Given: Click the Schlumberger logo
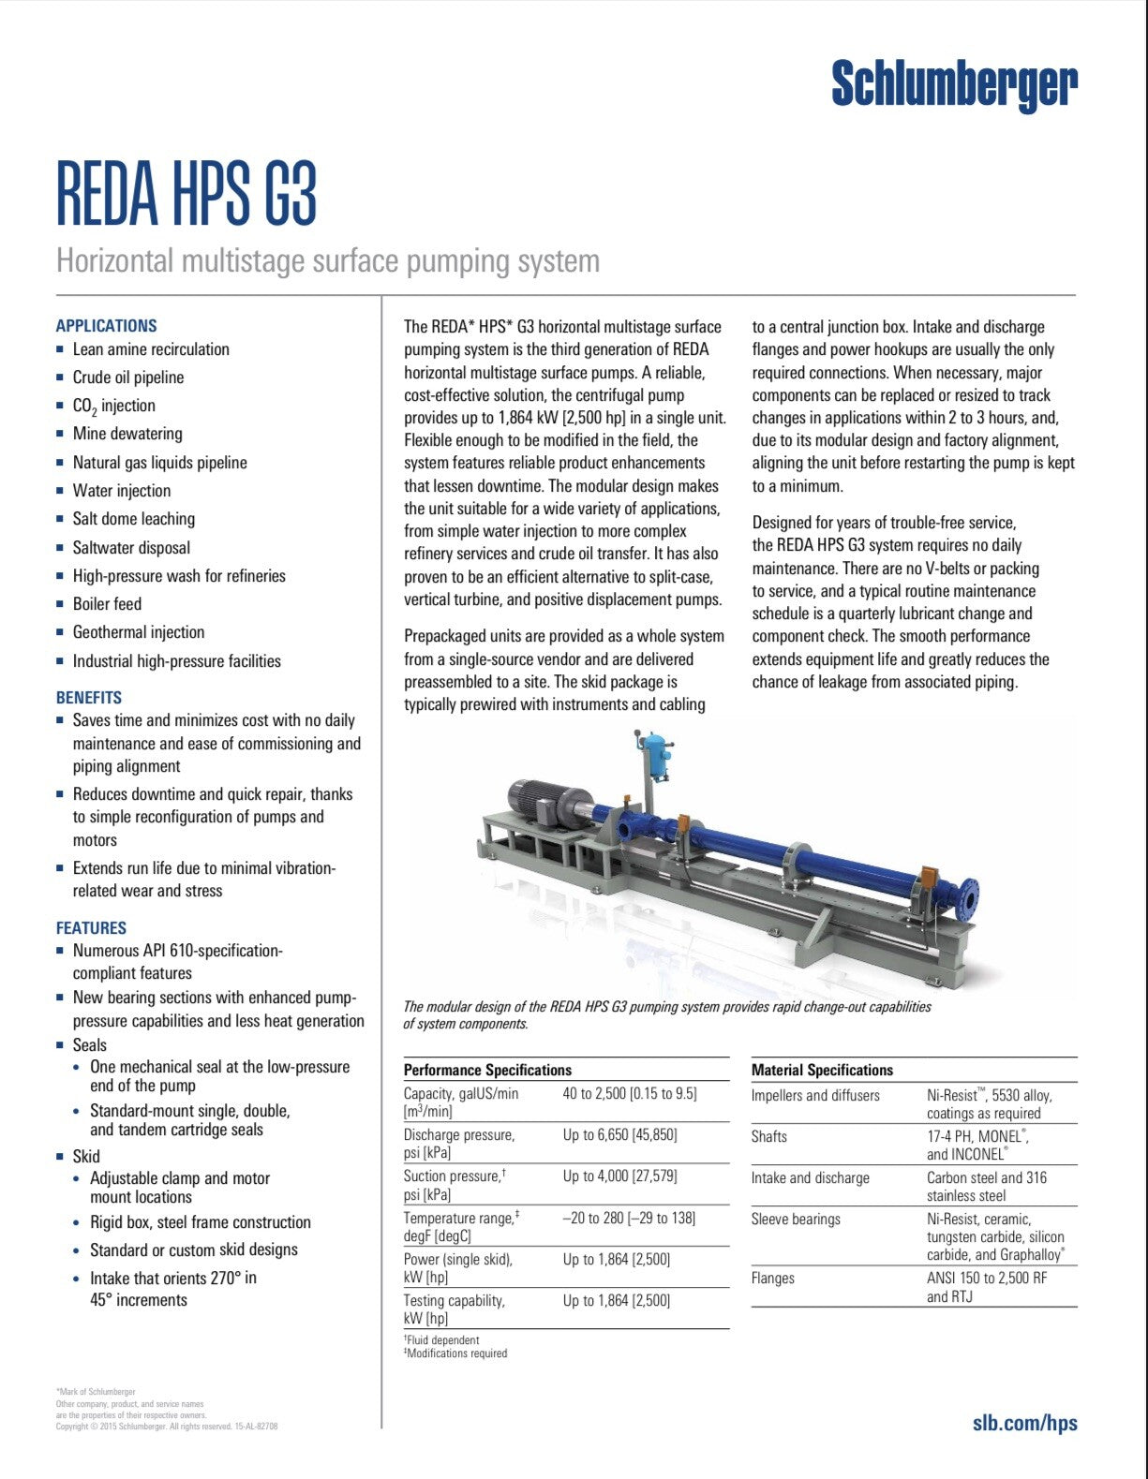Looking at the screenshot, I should (x=954, y=86).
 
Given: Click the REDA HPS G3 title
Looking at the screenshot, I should (x=186, y=195).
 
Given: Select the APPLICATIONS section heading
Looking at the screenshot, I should (x=106, y=326).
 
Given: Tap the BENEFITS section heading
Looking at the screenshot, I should (x=89, y=698).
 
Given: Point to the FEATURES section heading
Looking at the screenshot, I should (x=91, y=928).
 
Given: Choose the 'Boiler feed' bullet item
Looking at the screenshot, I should (x=107, y=604).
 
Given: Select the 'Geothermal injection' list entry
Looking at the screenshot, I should (x=139, y=632).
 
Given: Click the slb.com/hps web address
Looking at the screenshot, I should (x=1024, y=1423).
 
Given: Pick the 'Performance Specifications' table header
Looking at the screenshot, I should (x=487, y=1070).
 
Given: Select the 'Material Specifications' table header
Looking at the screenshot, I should (x=822, y=1070).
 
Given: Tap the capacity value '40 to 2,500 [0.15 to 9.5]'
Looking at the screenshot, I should (x=630, y=1093).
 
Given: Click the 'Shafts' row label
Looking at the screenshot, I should (x=769, y=1136).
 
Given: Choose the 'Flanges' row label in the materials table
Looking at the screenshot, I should (x=772, y=1278).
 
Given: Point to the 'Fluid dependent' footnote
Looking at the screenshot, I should (x=442, y=1340).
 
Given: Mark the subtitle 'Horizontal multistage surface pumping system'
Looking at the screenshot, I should (x=328, y=260).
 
